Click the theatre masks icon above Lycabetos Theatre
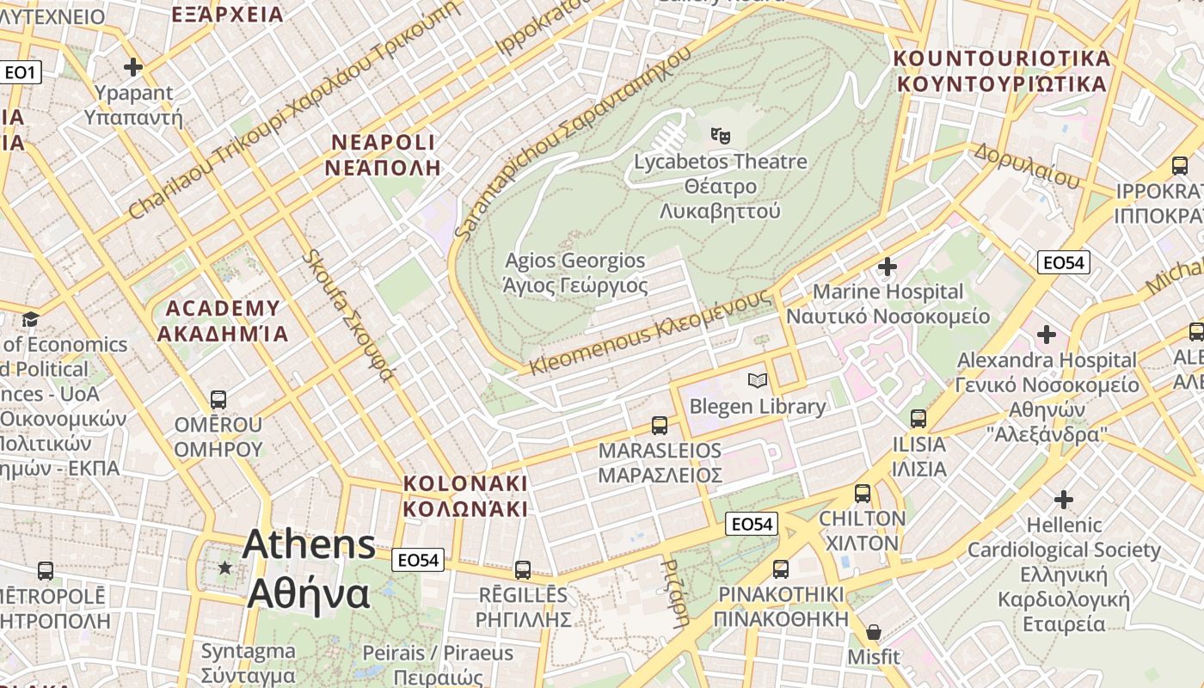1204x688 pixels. click(x=720, y=134)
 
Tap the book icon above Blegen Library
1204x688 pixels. click(x=757, y=380)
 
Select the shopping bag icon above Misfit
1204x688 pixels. click(x=874, y=632)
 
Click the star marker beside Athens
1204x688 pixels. click(x=225, y=568)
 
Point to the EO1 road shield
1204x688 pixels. click(x=21, y=72)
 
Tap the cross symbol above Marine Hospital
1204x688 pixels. click(x=888, y=267)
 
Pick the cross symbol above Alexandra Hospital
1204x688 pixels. click(x=1047, y=334)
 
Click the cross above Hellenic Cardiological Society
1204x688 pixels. click(x=1064, y=499)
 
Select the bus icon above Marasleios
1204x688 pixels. click(x=660, y=425)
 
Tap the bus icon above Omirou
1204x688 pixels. click(x=218, y=400)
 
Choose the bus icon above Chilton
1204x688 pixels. click(x=863, y=494)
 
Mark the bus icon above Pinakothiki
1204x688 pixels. click(x=781, y=568)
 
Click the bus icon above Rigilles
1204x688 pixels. click(x=522, y=569)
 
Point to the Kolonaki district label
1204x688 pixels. click(x=465, y=495)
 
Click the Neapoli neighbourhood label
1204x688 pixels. click(x=383, y=155)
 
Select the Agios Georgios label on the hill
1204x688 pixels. click(x=575, y=273)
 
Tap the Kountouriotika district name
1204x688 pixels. click(x=1002, y=71)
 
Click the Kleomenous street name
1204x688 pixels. click(x=650, y=333)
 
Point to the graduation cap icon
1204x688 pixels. click(x=31, y=320)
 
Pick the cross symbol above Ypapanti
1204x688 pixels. click(x=133, y=66)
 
